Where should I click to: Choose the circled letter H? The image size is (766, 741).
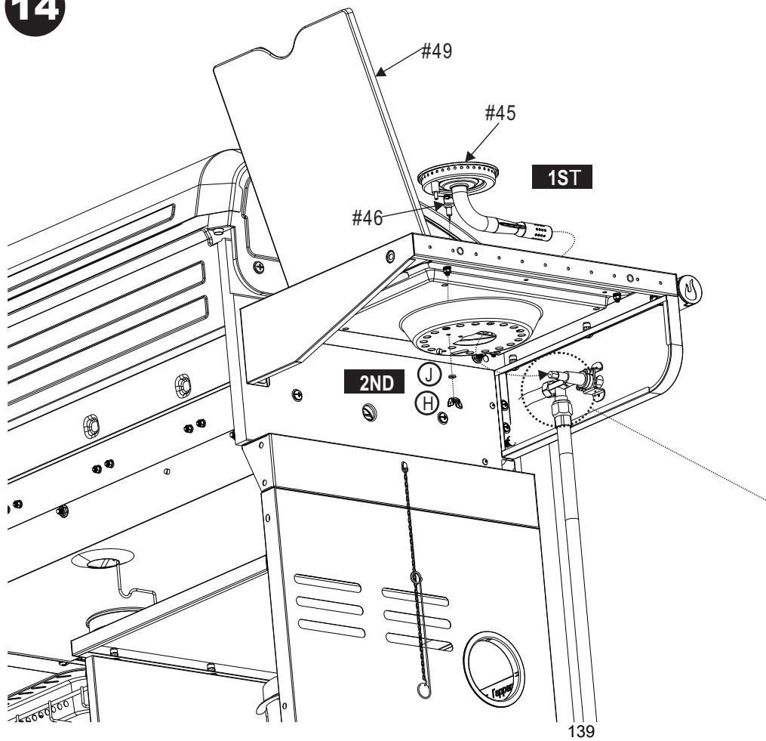coord(427,404)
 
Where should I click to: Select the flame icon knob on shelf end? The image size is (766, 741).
coord(690,289)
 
